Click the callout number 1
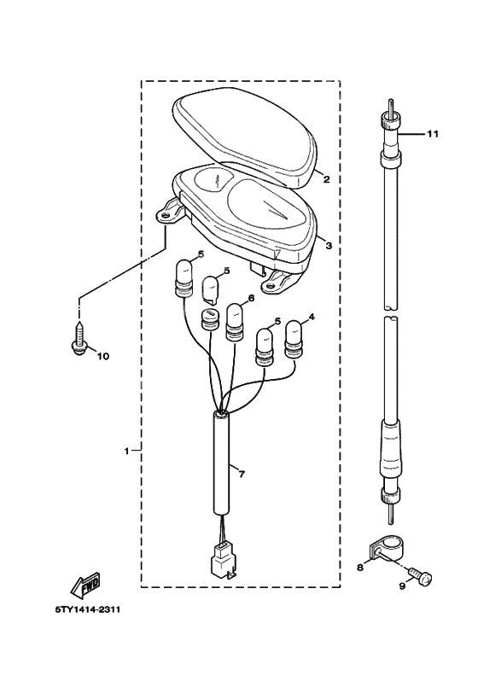(126, 450)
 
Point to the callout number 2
(325, 180)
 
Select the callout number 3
(328, 244)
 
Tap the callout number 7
(241, 474)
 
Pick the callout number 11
(432, 134)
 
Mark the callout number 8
(359, 566)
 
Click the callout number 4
(311, 318)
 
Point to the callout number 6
(251, 299)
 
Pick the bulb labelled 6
(235, 320)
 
